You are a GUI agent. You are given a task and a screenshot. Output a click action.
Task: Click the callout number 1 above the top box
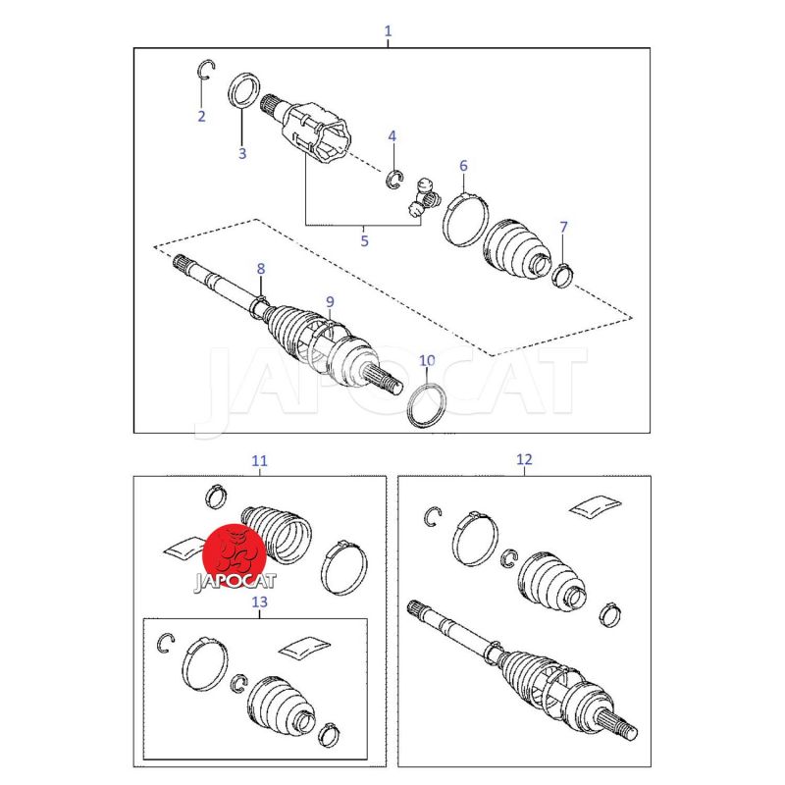click(x=388, y=31)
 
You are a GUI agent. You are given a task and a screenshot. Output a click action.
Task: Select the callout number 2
click(x=202, y=116)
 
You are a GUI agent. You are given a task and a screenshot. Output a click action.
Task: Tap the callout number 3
click(x=242, y=153)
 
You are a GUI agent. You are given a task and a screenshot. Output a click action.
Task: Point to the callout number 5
click(x=364, y=241)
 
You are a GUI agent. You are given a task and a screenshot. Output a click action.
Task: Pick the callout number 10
click(x=427, y=360)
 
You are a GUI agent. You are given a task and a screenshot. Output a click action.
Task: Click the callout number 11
click(x=259, y=460)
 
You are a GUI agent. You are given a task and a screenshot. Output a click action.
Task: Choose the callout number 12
click(x=524, y=459)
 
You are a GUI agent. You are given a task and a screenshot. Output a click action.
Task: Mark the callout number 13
click(x=259, y=602)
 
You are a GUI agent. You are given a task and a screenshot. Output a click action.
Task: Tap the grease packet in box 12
click(x=596, y=505)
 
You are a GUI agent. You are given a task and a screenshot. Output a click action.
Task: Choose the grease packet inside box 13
click(x=305, y=648)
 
